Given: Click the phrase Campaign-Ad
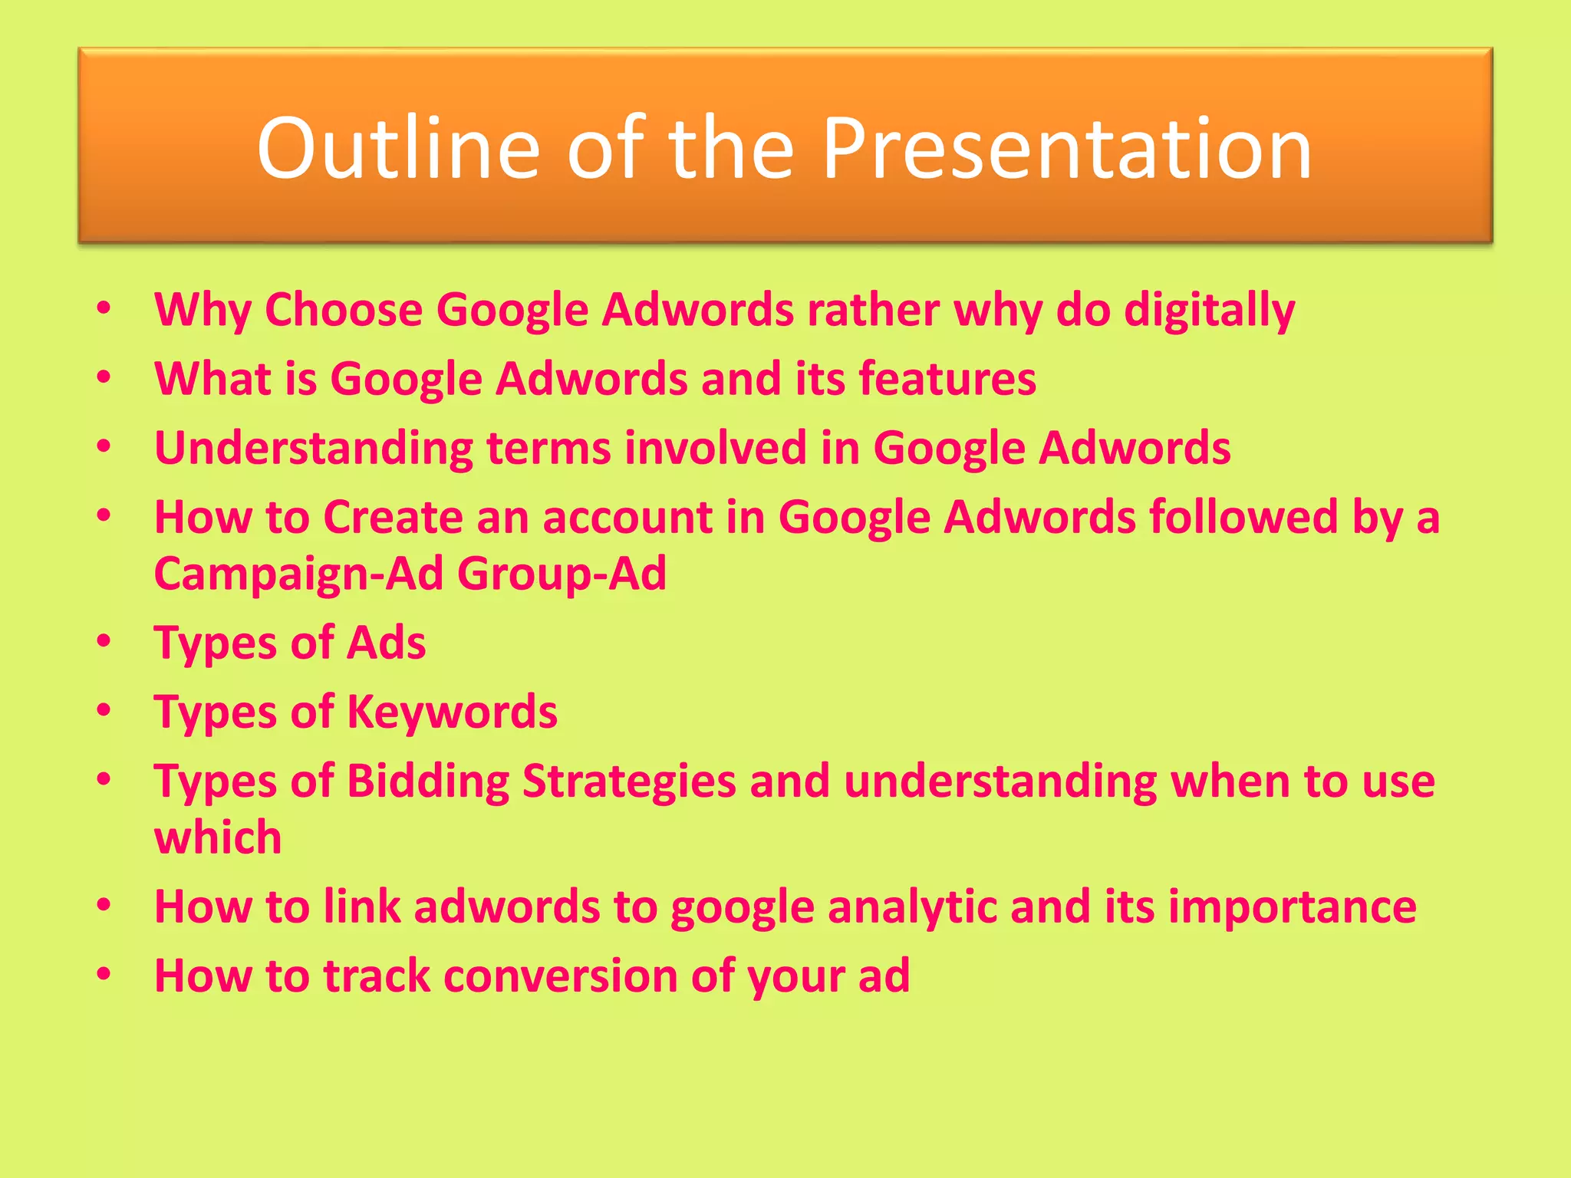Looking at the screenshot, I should (299, 574).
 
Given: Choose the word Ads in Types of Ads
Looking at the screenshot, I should (386, 642).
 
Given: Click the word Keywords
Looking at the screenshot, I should (453, 712).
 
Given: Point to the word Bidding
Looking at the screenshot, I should (428, 781).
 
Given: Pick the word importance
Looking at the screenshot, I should (1292, 907).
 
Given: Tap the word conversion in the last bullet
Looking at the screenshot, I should (561, 976).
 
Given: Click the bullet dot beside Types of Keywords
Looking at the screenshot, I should (104, 711).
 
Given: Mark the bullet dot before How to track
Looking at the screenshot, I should (104, 975).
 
